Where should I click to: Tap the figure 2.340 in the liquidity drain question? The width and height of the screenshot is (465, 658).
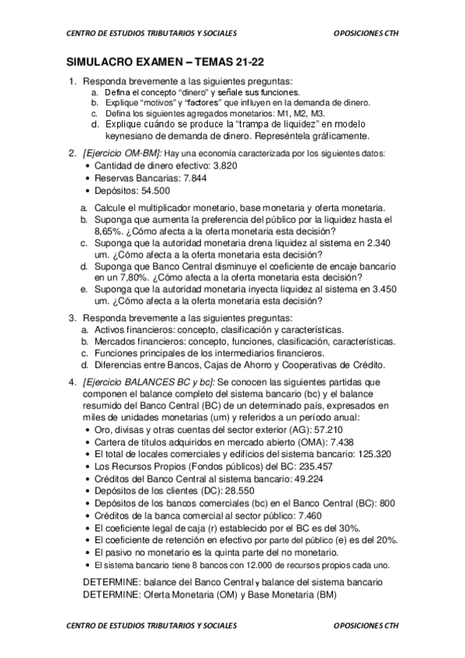(x=377, y=243)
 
